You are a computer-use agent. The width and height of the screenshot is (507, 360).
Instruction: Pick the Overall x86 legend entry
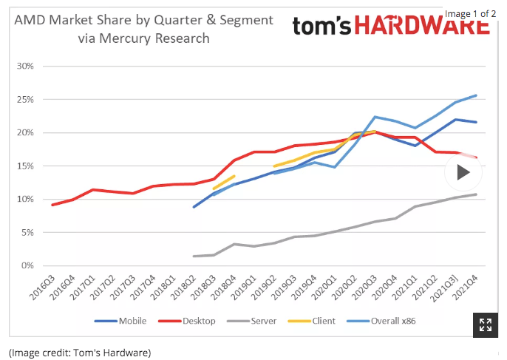[x=391, y=321]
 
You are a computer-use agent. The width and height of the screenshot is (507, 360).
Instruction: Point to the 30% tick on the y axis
[x=25, y=66]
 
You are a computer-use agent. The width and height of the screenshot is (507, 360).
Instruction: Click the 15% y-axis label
[x=25, y=166]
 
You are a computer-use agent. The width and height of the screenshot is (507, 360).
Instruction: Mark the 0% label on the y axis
[x=27, y=265]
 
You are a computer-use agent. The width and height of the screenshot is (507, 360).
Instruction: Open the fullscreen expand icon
[x=486, y=325]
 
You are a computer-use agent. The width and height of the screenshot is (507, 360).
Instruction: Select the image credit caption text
[x=80, y=351]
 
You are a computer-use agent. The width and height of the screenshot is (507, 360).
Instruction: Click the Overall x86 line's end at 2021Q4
[x=476, y=95]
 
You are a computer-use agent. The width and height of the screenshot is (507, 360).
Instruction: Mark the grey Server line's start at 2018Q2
[x=194, y=257]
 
